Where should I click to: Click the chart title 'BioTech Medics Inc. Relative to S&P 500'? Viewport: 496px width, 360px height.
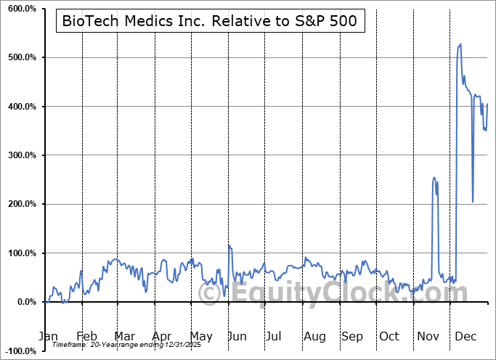pos(210,21)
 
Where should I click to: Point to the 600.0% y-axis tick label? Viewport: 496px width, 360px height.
pos(21,9)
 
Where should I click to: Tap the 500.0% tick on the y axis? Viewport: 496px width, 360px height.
pos(21,57)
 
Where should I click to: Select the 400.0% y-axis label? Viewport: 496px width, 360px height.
pos(21,107)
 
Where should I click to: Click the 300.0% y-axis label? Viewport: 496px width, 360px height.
pos(21,155)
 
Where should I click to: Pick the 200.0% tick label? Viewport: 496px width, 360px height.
pos(21,204)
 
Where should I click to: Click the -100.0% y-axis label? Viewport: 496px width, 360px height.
pos(20,351)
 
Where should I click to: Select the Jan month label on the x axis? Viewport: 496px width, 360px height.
pos(47,337)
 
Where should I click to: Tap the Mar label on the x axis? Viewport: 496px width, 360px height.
pos(124,337)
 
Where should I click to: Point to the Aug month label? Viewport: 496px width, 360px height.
pos(314,337)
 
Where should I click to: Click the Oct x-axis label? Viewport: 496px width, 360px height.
pos(389,337)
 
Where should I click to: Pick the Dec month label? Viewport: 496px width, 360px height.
pos(466,337)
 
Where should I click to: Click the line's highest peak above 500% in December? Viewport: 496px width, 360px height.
pos(460,44)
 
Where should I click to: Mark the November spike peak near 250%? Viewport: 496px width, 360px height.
pos(434,178)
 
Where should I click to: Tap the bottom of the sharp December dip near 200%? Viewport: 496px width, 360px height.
pos(473,202)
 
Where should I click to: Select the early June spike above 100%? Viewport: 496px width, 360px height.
pos(229,246)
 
